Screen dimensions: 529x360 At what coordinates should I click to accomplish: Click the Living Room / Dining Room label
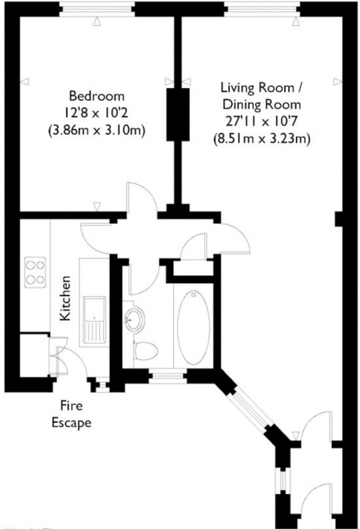click(261, 95)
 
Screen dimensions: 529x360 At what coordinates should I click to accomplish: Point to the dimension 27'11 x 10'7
click(261, 122)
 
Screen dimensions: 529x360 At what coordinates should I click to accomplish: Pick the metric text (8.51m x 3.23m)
click(261, 139)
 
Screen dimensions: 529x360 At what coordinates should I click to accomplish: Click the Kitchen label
click(65, 298)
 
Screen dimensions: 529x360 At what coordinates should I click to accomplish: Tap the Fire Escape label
click(71, 414)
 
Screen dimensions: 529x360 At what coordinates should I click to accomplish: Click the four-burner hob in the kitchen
click(34, 272)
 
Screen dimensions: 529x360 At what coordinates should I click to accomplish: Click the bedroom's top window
click(97, 9)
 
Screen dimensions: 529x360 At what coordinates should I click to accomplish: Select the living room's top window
click(261, 9)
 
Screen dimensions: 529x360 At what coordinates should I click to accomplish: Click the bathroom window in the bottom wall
click(168, 377)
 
